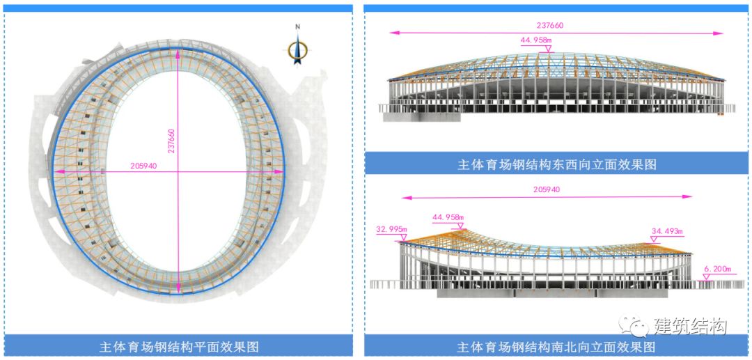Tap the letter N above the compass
(x=297, y=27)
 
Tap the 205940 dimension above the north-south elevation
(x=546, y=189)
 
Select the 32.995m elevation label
(x=391, y=228)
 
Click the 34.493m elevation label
(x=667, y=230)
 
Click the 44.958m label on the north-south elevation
(x=448, y=217)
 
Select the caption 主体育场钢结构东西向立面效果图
(x=556, y=164)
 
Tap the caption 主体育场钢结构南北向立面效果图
(x=556, y=346)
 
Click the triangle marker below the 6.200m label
(x=706, y=276)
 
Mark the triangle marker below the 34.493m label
(x=653, y=240)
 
